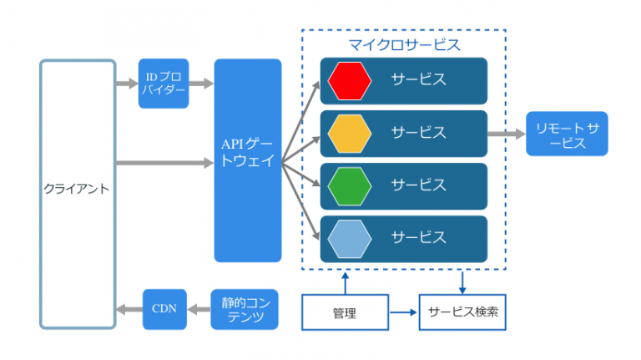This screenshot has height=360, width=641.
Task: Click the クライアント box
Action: (77, 194)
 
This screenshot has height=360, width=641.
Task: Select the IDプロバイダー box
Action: (164, 84)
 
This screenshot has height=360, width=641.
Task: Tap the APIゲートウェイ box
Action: (248, 160)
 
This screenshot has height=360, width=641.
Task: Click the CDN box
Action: (164, 309)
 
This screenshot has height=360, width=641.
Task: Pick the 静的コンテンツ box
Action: (243, 309)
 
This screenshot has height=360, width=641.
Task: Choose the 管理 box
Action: (344, 313)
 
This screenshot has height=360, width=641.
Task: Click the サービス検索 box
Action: (462, 313)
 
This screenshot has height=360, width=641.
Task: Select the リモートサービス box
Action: (567, 134)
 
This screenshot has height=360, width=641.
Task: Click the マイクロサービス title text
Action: (403, 43)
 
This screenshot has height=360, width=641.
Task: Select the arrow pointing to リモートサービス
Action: (506, 134)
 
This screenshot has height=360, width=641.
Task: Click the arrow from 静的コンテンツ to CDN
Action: (199, 309)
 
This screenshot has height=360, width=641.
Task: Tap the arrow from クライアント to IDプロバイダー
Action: (126, 84)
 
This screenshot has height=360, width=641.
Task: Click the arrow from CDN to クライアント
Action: (129, 309)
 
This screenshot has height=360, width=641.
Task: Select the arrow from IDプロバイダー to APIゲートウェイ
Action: (201, 84)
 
